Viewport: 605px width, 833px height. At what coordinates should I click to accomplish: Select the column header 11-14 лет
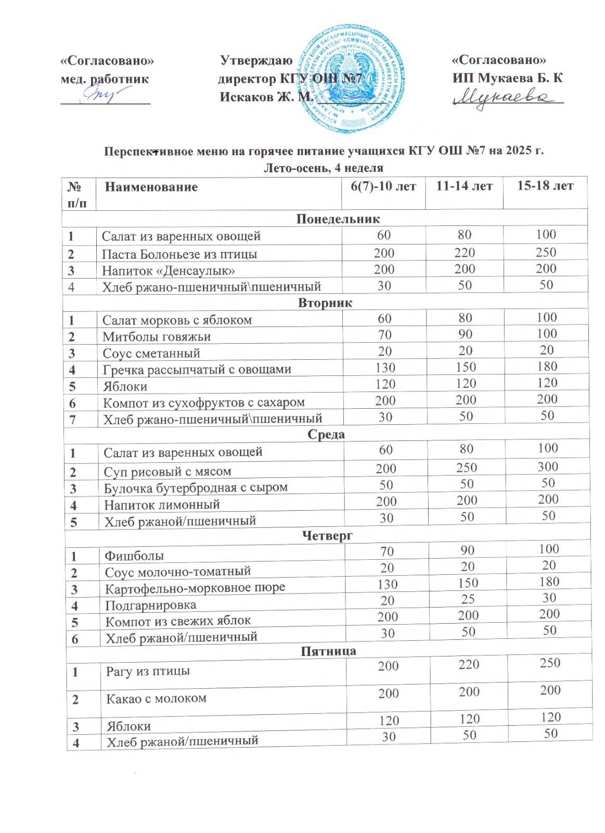click(464, 186)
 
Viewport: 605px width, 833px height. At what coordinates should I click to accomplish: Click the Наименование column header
click(151, 187)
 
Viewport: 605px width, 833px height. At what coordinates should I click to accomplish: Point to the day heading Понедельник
click(338, 219)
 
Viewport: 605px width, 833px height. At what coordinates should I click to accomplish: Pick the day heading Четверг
click(327, 536)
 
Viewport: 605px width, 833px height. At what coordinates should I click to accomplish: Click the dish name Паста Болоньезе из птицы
click(179, 254)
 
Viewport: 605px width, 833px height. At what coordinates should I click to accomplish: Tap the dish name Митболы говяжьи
click(157, 337)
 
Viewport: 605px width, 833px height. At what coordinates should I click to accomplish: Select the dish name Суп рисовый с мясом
click(168, 472)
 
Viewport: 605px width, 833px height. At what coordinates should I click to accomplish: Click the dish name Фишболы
click(134, 556)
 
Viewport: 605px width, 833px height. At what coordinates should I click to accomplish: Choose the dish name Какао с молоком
click(156, 699)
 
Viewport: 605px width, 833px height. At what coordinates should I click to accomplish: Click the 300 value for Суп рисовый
click(548, 466)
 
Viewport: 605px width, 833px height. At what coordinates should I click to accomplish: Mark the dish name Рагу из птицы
click(148, 671)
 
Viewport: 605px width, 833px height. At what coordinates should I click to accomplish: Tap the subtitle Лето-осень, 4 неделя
click(324, 168)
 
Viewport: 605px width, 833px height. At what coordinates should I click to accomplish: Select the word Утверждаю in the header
click(256, 60)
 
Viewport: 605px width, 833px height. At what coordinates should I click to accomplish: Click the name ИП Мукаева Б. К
click(507, 78)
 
